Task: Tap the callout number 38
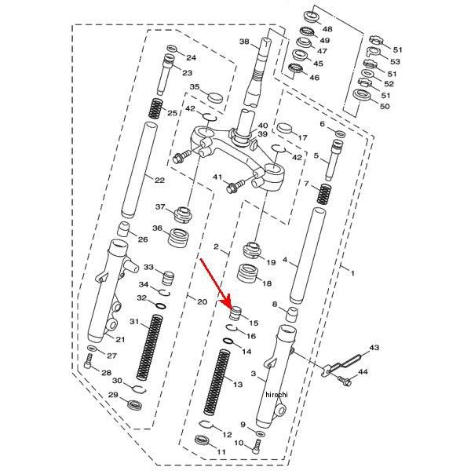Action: (x=244, y=42)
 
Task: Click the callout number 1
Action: (x=352, y=273)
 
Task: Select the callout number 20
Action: (x=201, y=301)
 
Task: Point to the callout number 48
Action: (x=327, y=29)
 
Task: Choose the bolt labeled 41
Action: (x=233, y=187)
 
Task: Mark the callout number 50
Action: (x=385, y=106)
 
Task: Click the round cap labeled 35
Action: (x=214, y=98)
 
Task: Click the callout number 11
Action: (x=221, y=452)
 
